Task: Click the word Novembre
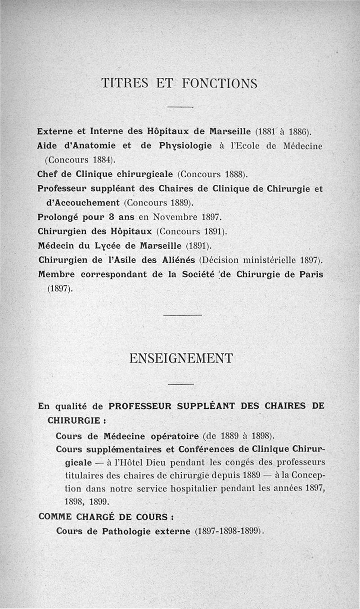[174, 216]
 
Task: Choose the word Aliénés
[173, 260]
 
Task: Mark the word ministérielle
[270, 260]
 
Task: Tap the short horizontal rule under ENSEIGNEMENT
[180, 384]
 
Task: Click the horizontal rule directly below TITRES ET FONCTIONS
[180, 107]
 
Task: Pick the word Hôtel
[136, 462]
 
